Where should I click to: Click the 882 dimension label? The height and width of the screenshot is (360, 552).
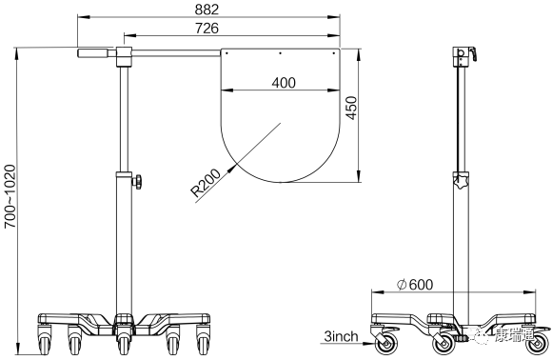click(207, 10)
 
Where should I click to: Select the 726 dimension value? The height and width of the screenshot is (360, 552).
click(207, 29)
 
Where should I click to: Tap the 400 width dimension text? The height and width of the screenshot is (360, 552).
click(284, 83)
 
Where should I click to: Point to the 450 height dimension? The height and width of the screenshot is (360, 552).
click(351, 108)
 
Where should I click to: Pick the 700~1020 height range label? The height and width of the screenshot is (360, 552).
click(10, 196)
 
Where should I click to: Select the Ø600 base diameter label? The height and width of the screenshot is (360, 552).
click(415, 284)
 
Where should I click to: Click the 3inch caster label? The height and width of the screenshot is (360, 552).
click(341, 336)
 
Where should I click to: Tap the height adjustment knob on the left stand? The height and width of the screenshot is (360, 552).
click(137, 182)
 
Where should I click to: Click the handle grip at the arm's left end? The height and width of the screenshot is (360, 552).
click(93, 53)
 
